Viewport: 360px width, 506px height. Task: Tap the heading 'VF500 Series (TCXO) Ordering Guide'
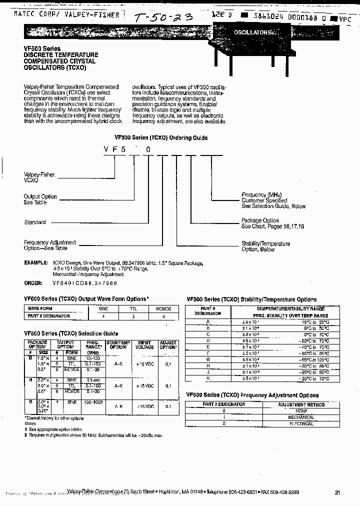point(161,137)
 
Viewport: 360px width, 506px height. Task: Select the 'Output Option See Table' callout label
point(40,199)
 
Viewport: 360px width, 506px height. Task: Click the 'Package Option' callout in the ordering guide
point(260,220)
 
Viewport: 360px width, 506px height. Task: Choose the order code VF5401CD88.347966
point(84,283)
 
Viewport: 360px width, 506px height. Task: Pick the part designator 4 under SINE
point(103,315)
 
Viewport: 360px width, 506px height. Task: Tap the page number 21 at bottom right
point(337,492)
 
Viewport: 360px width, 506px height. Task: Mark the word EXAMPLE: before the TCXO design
point(35,262)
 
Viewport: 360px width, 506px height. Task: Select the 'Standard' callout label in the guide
point(35,222)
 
